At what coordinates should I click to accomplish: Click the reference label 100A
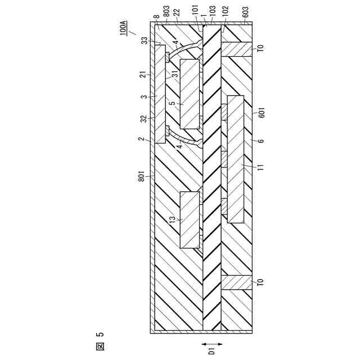(x=124, y=29)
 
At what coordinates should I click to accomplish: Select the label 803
(x=167, y=14)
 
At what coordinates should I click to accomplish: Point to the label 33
(x=145, y=40)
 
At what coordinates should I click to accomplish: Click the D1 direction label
(x=211, y=349)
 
